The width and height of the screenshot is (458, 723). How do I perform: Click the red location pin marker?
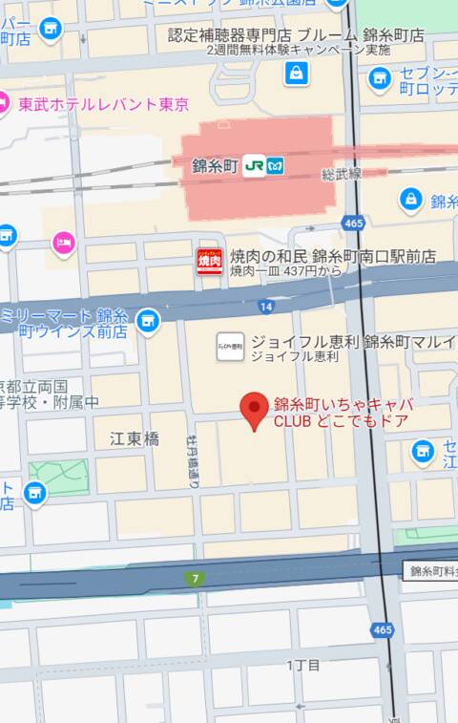point(254,410)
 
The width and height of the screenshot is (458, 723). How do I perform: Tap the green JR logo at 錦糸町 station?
point(255,165)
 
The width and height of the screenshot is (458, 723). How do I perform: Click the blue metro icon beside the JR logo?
point(276,165)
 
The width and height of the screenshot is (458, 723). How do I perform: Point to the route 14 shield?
point(264,306)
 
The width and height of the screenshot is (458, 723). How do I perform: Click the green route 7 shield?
point(196,579)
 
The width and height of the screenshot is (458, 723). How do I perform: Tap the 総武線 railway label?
point(341,175)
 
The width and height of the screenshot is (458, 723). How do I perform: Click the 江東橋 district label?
point(135,439)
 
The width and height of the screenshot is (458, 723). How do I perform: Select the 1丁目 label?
point(303,664)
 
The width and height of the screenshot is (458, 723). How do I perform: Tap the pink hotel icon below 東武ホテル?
point(65,244)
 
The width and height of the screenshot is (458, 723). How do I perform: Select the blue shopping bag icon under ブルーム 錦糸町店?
point(296,73)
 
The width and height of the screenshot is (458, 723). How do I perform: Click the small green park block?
point(58,477)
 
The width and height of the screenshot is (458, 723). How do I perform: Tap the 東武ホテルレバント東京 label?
point(104,104)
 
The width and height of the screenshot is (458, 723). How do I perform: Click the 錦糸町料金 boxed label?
point(432,570)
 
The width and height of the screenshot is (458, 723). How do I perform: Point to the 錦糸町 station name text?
point(214,165)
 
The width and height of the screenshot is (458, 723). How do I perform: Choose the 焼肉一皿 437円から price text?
point(285,271)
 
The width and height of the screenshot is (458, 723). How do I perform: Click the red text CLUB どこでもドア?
point(341,420)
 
